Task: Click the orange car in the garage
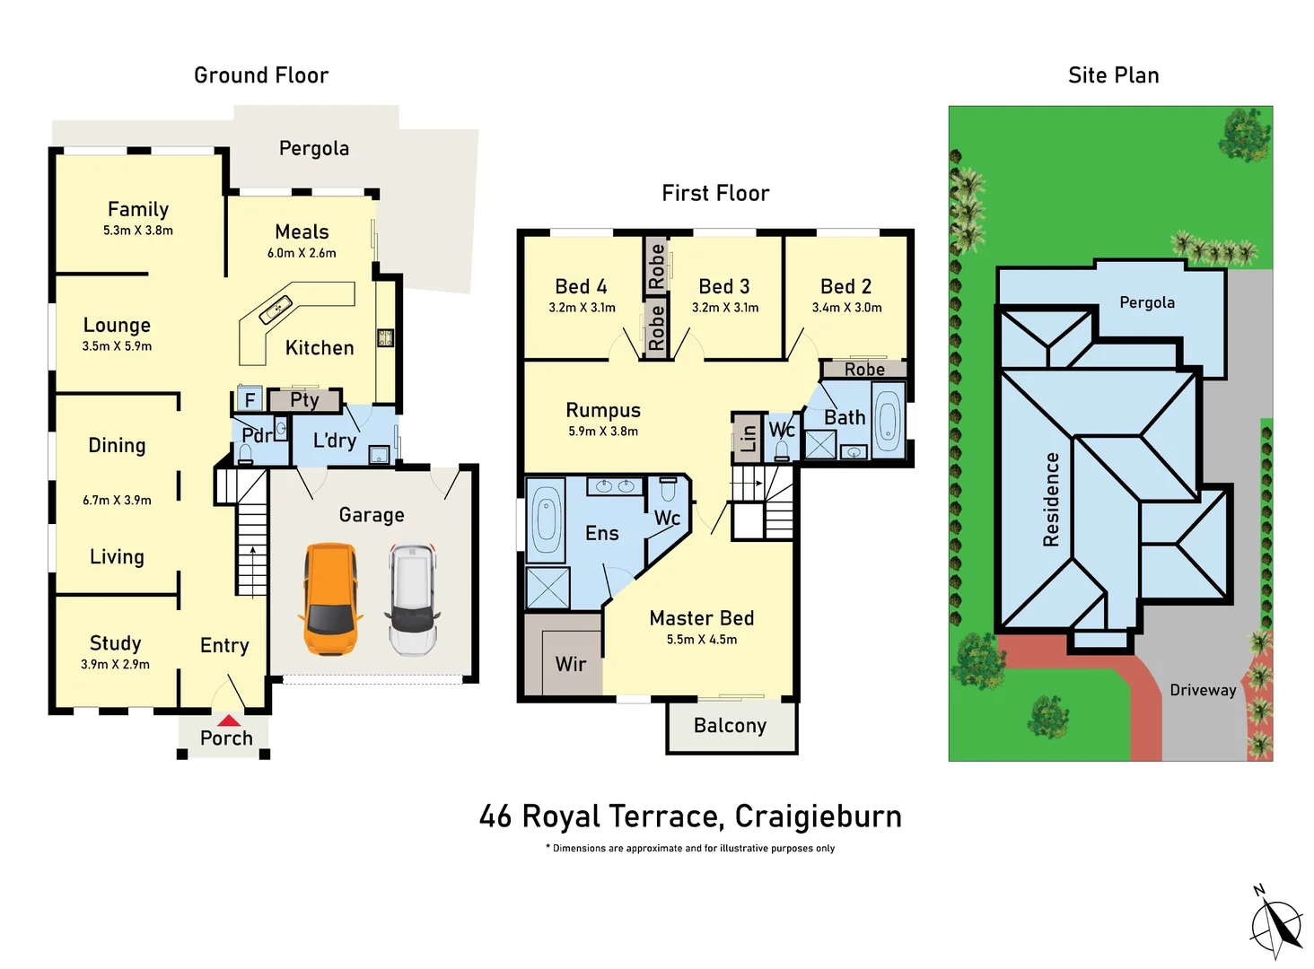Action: [x=330, y=598]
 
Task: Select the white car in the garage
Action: [x=413, y=598]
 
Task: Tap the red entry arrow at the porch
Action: [x=229, y=720]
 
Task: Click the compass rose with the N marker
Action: [x=1276, y=925]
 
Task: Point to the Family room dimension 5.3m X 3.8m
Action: [x=137, y=231]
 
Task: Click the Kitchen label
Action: [x=320, y=348]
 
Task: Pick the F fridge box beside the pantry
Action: [x=250, y=399]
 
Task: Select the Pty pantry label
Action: [x=304, y=399]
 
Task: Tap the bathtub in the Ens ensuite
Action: [x=546, y=520]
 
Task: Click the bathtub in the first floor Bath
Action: [x=887, y=420]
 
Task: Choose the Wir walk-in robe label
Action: [x=570, y=664]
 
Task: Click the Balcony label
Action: [x=730, y=726]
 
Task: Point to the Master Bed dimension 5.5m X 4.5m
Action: [x=701, y=640]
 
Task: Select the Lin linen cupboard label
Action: [x=748, y=438]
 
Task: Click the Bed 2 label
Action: [x=845, y=286]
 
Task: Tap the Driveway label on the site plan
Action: [x=1203, y=690]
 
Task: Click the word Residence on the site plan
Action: [x=1051, y=499]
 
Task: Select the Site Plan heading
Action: [x=1113, y=75]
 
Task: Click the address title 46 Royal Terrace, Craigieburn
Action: [x=690, y=816]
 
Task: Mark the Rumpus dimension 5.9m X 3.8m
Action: [x=602, y=432]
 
